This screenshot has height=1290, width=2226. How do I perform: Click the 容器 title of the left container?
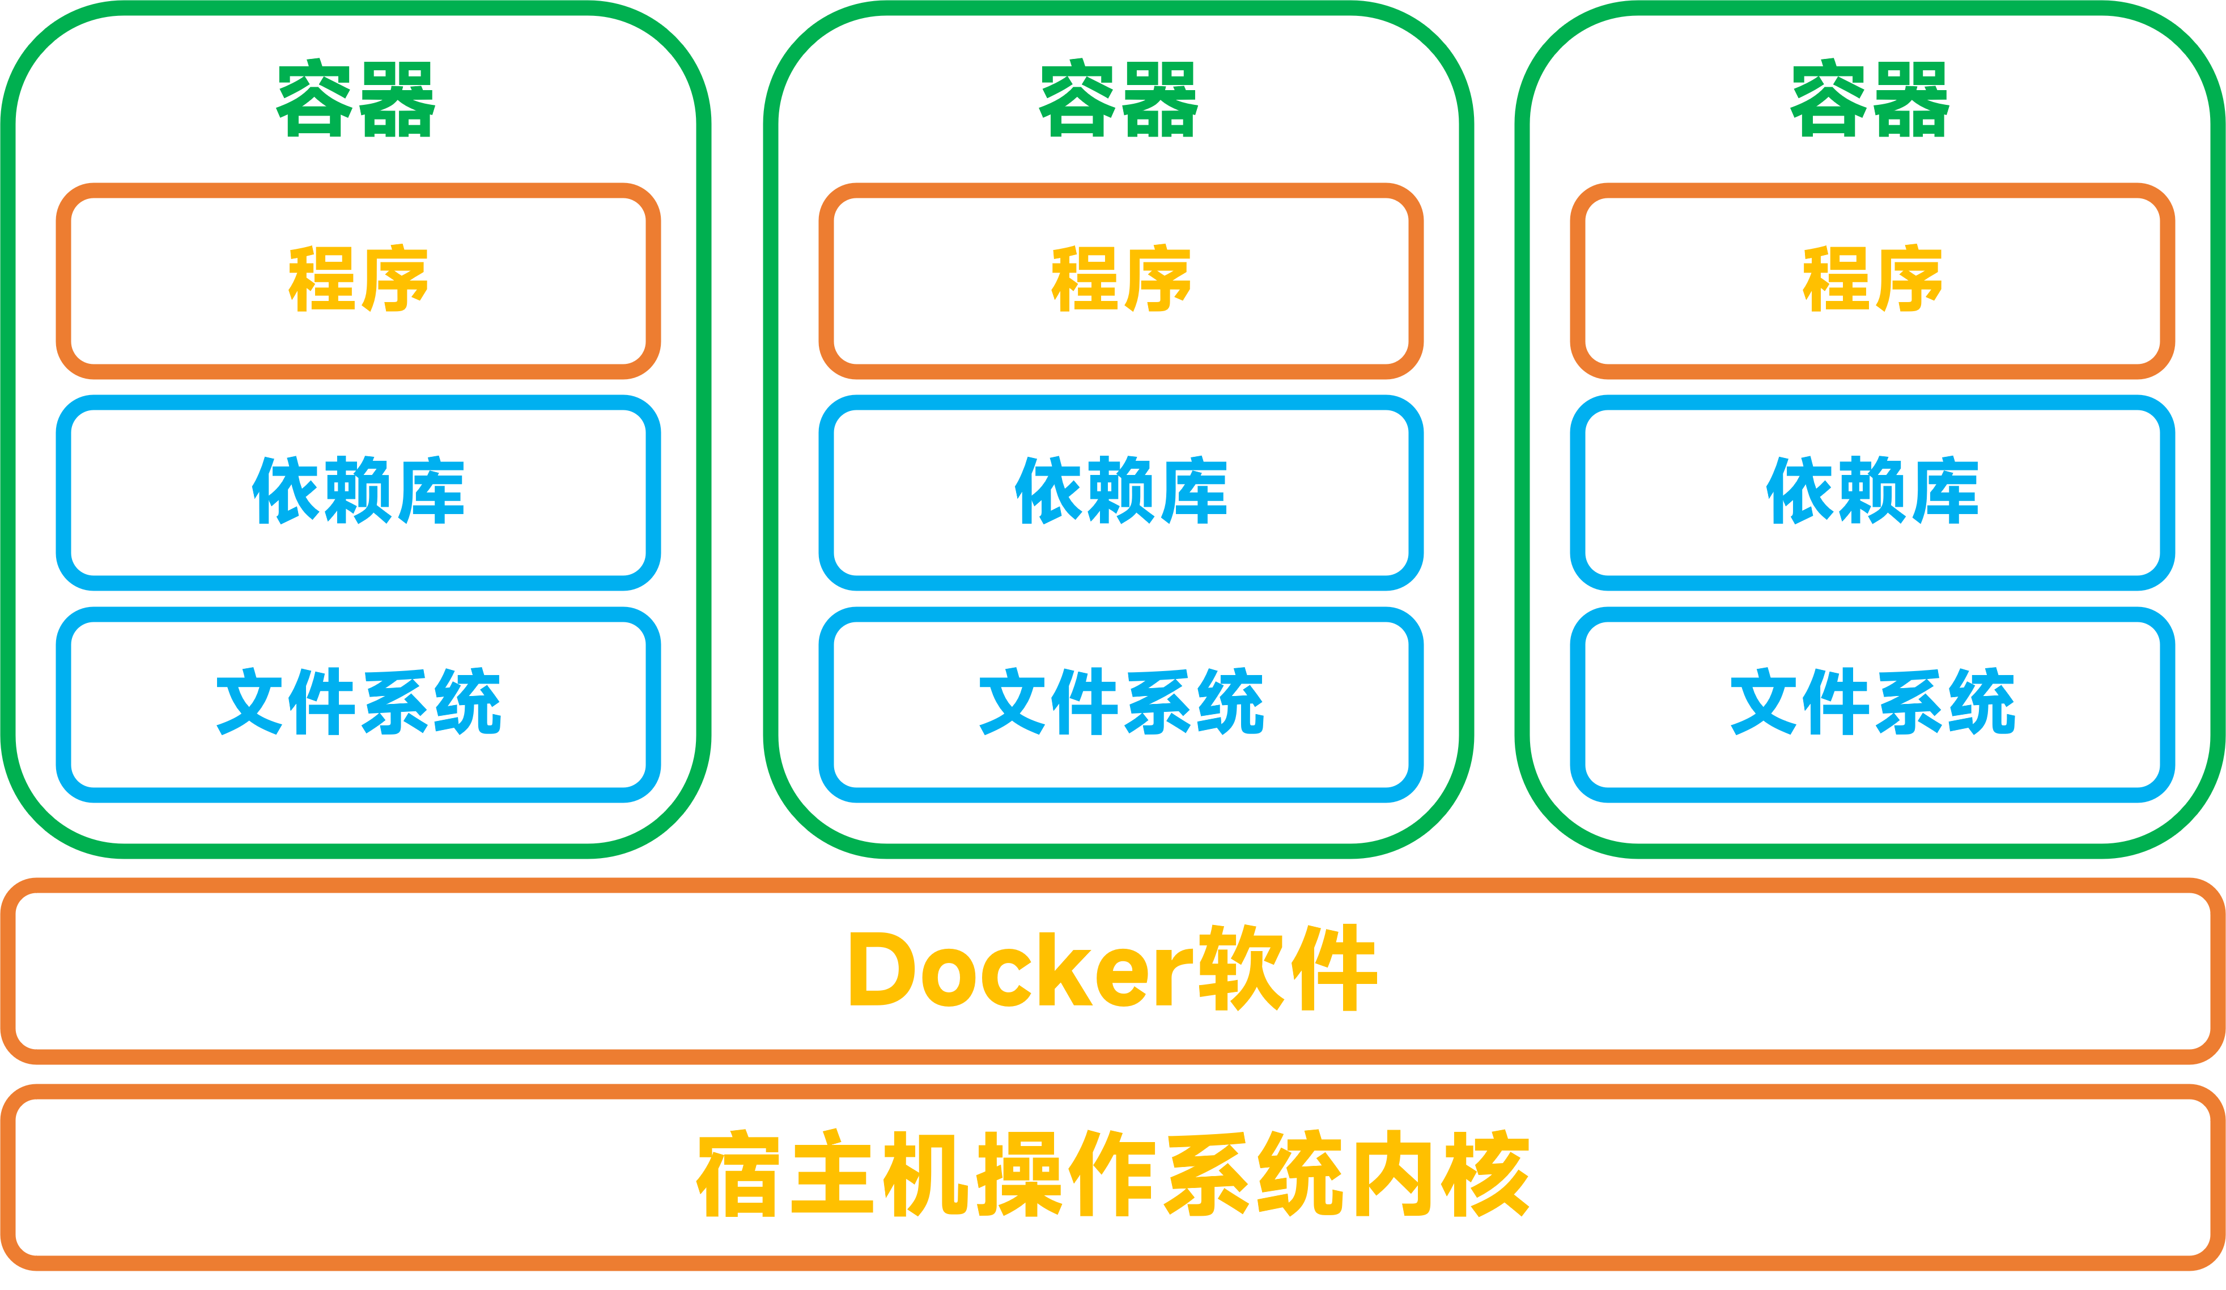tap(356, 100)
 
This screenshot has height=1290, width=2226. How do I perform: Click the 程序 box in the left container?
tap(358, 280)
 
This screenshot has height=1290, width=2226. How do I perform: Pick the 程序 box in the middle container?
tap(1120, 280)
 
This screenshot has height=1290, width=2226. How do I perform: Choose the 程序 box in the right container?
tap(1872, 280)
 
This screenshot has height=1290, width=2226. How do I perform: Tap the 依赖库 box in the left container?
tap(358, 492)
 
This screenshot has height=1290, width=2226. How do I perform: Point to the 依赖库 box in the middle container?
tap(1120, 492)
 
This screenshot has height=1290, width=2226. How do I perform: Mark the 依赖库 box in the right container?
tap(1872, 492)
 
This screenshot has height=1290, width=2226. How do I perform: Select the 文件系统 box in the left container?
tap(358, 703)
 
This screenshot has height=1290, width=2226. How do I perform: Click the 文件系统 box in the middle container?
tap(1120, 703)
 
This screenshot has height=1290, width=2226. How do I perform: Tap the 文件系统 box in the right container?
tap(1872, 703)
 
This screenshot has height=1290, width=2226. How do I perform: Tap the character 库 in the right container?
tap(1943, 492)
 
